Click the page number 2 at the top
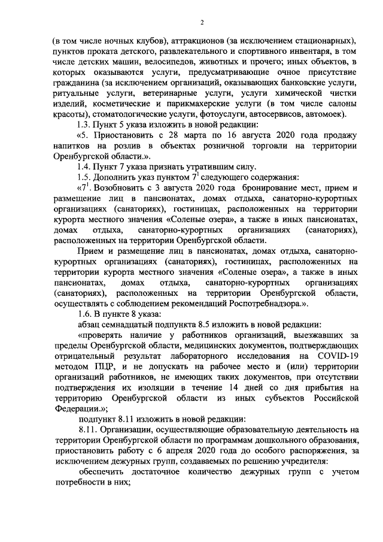[202, 23]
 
